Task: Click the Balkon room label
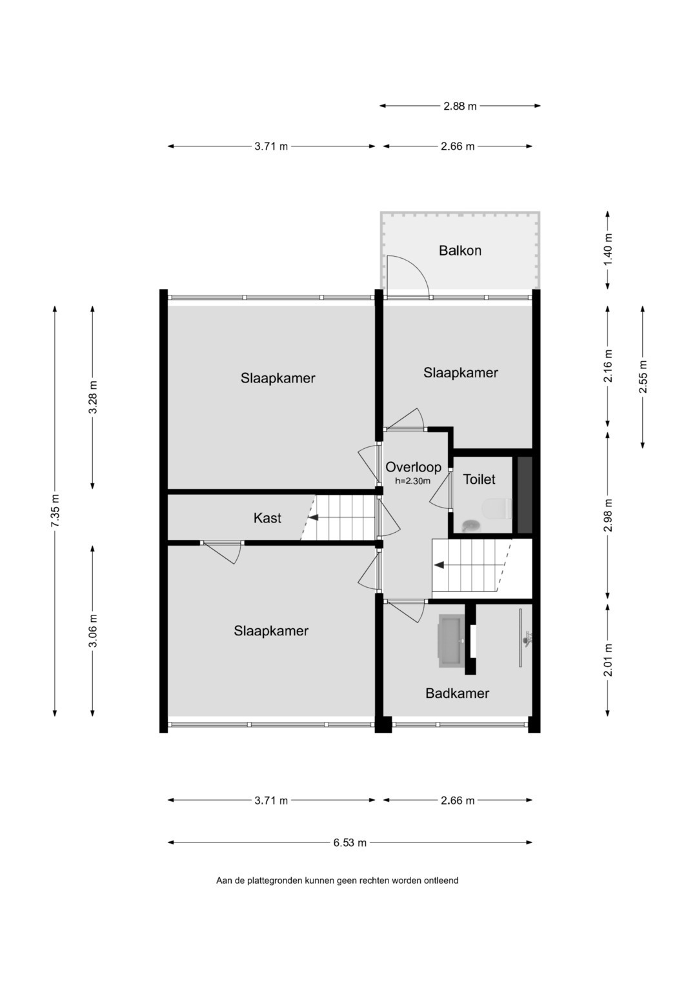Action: tap(460, 251)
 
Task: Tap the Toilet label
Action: tap(479, 479)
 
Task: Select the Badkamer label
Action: tap(457, 693)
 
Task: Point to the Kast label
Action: tap(267, 518)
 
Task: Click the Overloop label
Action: tap(413, 467)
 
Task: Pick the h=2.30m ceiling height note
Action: tap(412, 481)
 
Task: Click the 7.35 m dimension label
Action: tap(55, 510)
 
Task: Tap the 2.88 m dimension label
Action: tap(460, 106)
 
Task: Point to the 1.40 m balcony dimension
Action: tap(608, 250)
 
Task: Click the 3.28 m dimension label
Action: tap(92, 397)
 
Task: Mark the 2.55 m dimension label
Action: tap(643, 377)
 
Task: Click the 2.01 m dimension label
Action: tap(608, 660)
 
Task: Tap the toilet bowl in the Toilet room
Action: tap(497, 509)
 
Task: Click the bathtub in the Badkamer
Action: tap(450, 642)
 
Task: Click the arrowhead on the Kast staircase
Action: tap(313, 517)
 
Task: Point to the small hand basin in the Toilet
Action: tap(471, 524)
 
